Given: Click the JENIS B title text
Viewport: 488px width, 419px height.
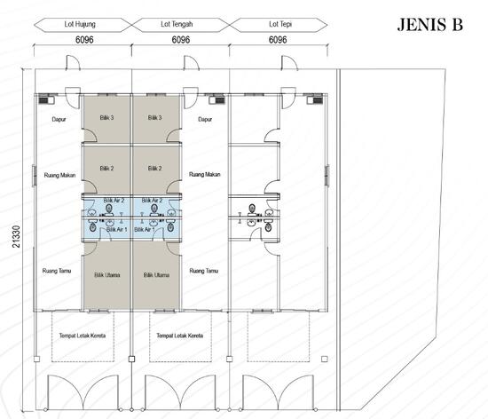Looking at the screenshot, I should pyautogui.click(x=429, y=25).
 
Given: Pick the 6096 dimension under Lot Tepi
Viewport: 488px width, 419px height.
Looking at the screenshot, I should pyautogui.click(x=278, y=41).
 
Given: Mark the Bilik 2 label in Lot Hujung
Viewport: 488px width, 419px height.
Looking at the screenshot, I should pyautogui.click(x=106, y=168).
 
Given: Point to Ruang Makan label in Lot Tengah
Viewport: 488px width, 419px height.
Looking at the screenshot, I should pyautogui.click(x=205, y=175).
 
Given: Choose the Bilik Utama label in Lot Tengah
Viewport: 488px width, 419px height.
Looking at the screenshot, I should pyautogui.click(x=155, y=275).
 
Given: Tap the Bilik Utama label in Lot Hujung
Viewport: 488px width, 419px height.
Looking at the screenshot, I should pyautogui.click(x=106, y=275).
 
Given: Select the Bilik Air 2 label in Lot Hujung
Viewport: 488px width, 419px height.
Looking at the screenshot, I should pyautogui.click(x=114, y=202).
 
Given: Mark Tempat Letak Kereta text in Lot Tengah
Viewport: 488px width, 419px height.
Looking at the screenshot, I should pyautogui.click(x=180, y=336).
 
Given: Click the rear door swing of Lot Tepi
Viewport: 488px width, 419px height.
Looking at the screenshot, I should pyautogui.click(x=287, y=64).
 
